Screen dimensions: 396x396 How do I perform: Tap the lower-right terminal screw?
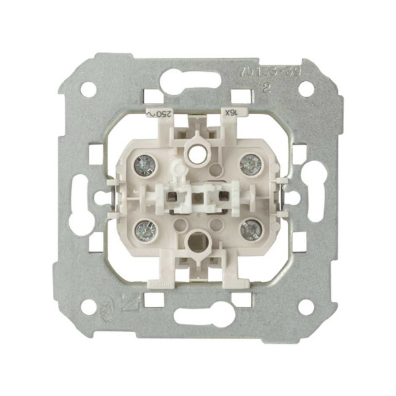[251, 230]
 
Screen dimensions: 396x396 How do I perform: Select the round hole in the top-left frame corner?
[88, 88]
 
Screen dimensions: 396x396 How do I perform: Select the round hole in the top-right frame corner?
[306, 88]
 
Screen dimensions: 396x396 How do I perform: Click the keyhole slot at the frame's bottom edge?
[197, 315]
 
